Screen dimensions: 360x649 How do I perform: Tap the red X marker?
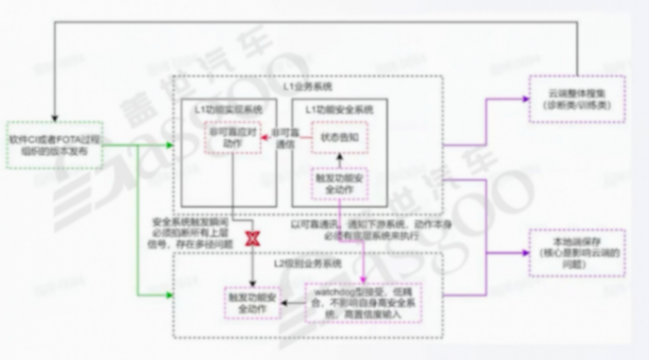point(253,237)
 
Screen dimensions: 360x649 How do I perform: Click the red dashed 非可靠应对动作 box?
point(231,139)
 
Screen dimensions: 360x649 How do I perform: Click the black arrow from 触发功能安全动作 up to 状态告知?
point(340,160)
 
